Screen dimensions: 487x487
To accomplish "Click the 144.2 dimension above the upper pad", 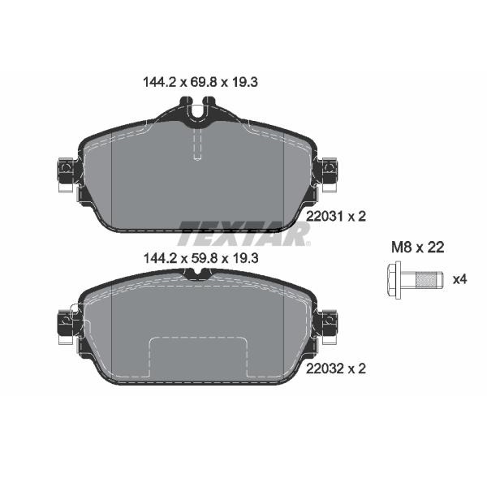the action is point(160,82).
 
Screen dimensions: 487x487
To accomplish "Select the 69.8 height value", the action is point(201,82).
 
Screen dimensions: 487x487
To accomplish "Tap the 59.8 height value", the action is point(202,258).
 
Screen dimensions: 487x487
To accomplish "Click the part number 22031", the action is point(324,217).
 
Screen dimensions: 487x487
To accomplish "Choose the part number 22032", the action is point(324,368).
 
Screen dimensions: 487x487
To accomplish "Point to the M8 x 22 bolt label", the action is point(417,248).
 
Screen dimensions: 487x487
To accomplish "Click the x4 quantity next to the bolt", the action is point(459,279).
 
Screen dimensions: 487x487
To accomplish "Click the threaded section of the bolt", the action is point(427,280).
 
